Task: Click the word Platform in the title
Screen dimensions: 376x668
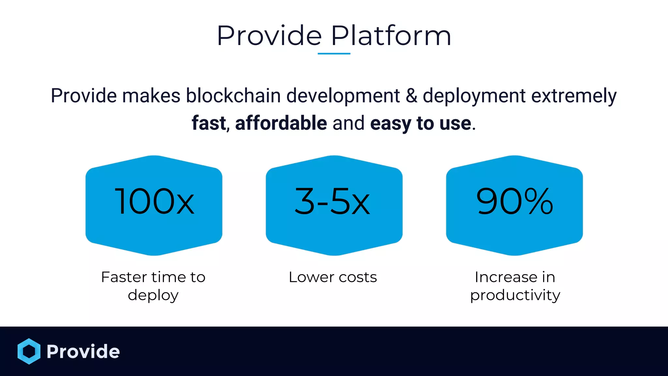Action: click(391, 36)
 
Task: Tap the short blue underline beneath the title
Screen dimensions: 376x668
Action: click(334, 54)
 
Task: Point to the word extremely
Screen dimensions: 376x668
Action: click(574, 96)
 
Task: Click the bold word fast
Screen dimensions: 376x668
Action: click(209, 123)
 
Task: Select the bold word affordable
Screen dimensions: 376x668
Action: click(281, 123)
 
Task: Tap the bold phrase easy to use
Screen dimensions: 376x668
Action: click(421, 123)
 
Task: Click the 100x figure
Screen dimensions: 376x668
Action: click(155, 202)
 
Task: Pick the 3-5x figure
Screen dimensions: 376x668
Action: click(332, 202)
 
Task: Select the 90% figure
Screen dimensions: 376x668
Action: click(515, 202)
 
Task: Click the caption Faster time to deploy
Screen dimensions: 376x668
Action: click(153, 286)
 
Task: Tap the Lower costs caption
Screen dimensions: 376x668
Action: click(333, 277)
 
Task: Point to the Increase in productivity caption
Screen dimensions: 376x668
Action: click(515, 286)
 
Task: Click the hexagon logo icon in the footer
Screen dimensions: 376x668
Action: click(29, 351)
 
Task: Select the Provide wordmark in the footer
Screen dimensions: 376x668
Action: click(83, 352)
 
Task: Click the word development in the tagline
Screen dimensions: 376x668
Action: click(343, 96)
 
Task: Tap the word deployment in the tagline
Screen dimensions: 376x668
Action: click(474, 96)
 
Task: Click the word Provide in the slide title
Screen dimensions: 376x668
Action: click(269, 36)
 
